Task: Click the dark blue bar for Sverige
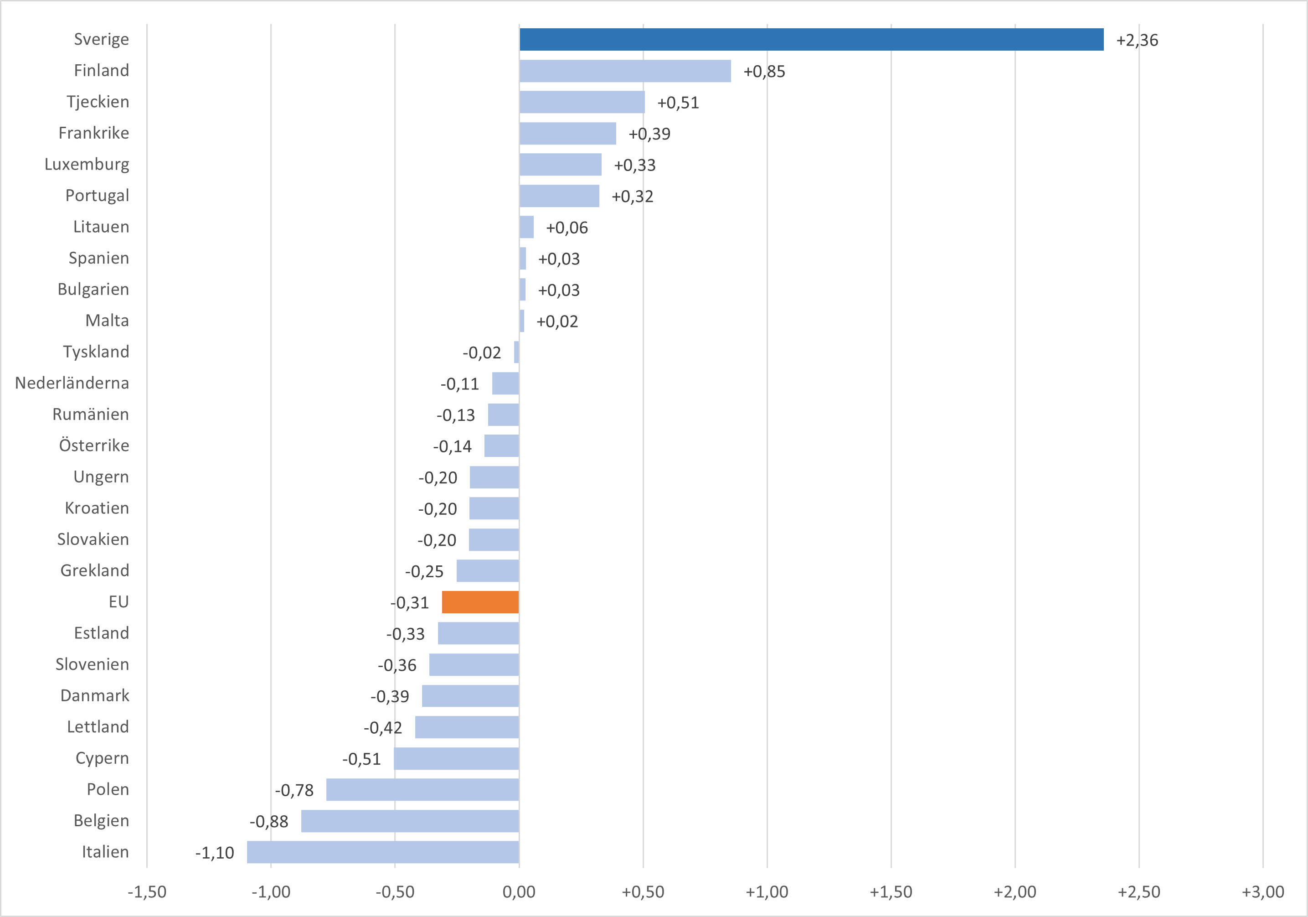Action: coord(811,39)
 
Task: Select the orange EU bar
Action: coord(480,602)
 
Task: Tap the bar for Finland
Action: coord(625,71)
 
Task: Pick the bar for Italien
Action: coord(383,852)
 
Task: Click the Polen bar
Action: coord(423,789)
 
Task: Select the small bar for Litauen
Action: coord(526,227)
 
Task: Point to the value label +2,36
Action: coord(1137,40)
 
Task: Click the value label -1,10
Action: coord(215,853)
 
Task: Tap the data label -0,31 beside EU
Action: coord(410,602)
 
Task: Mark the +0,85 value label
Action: coord(764,71)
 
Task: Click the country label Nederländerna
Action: coord(72,383)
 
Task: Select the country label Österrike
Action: coord(94,445)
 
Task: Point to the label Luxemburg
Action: coord(87,164)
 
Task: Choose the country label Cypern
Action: coord(103,758)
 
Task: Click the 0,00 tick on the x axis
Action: coord(519,892)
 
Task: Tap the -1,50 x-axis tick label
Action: coord(147,892)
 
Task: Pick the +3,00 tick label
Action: coord(1262,892)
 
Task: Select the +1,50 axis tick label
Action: coord(891,892)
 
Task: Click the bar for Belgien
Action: coord(410,821)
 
